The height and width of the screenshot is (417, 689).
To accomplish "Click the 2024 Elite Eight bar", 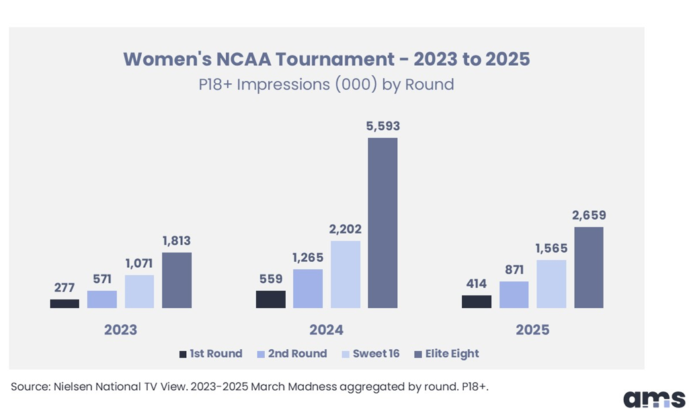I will click(382, 223).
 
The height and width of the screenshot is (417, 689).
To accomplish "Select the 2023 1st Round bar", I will click(65, 304).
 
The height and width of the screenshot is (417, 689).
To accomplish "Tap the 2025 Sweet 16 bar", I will click(552, 284).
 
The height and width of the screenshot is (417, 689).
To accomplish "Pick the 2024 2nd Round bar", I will click(308, 289).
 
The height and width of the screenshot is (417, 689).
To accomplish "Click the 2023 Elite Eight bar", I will click(177, 280).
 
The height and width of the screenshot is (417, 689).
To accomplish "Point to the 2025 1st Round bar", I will click(477, 302).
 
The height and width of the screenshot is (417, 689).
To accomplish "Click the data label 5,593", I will click(382, 126).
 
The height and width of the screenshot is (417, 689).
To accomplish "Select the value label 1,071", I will click(139, 263).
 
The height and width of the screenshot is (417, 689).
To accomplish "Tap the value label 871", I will click(514, 269).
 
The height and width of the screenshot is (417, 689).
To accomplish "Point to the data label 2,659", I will click(588, 215).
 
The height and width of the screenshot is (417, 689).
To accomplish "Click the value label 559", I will click(270, 279).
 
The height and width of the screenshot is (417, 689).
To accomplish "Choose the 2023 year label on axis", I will click(120, 330).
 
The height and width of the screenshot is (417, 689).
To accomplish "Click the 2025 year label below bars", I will click(532, 330).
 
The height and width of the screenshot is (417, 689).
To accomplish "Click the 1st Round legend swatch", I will click(182, 354).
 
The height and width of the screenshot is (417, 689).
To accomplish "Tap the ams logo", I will click(653, 399).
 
